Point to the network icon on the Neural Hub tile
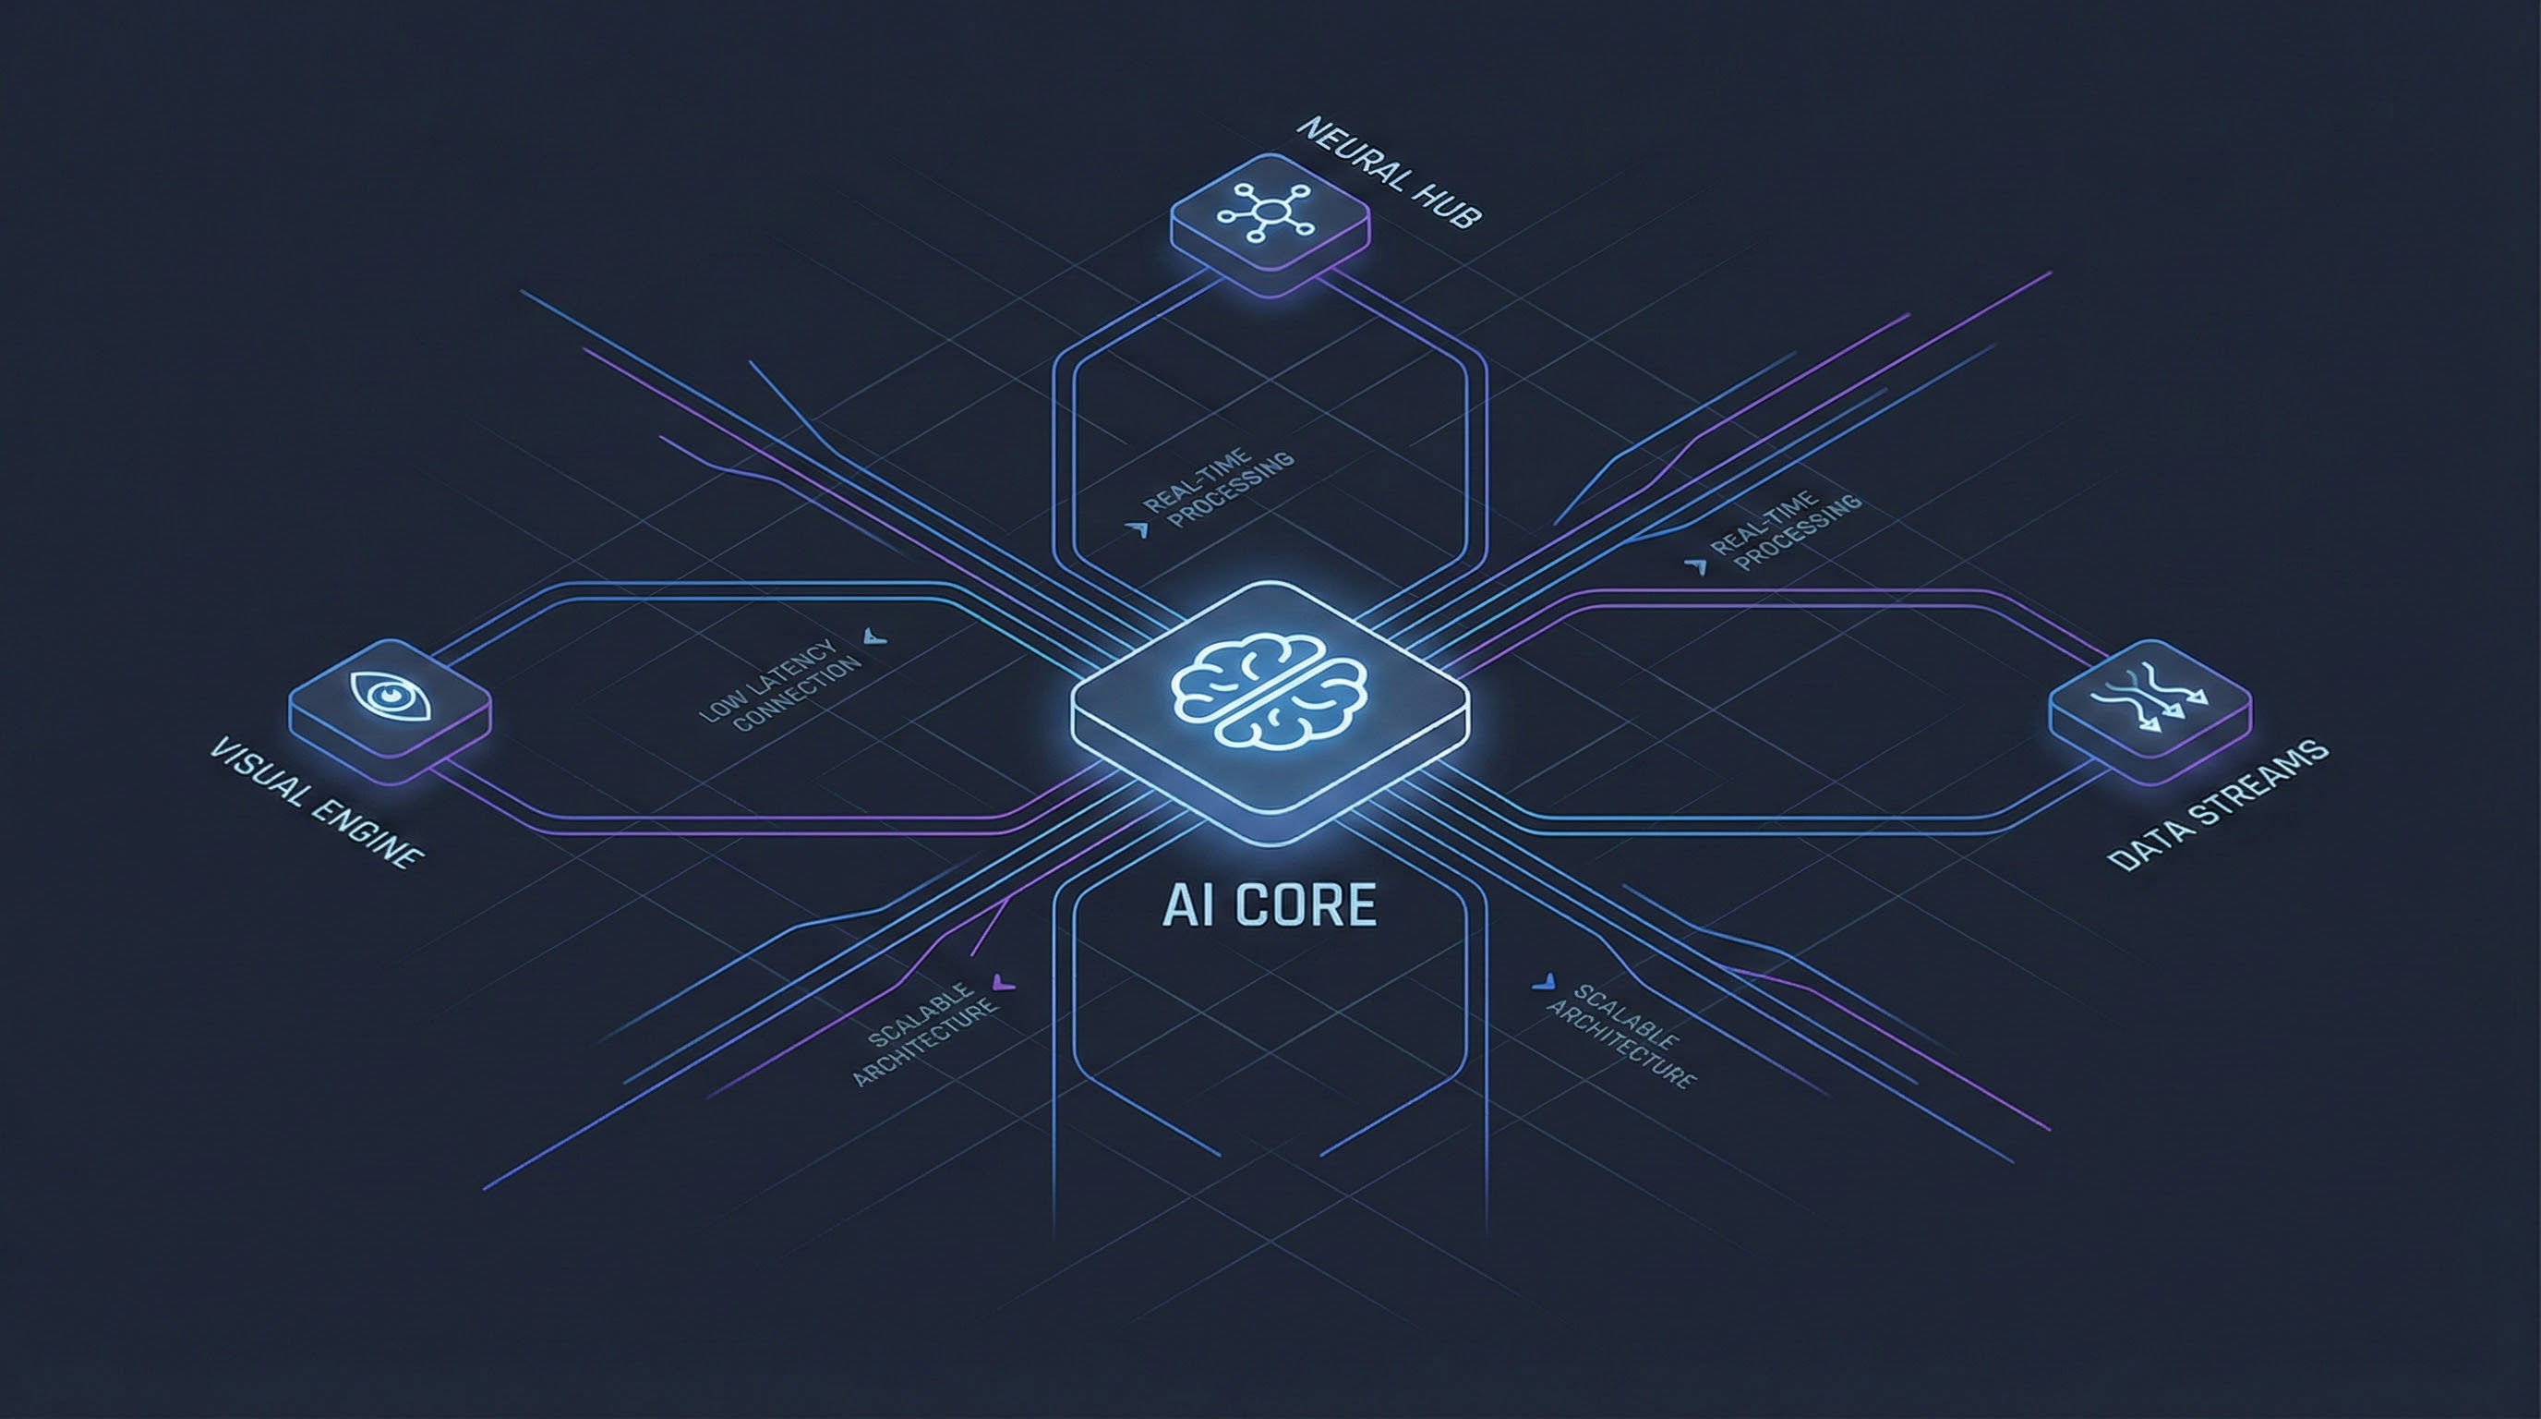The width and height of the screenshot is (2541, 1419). [x=1269, y=212]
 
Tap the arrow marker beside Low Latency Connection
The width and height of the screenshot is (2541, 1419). [x=874, y=636]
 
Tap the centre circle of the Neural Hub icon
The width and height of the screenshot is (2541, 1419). [x=1269, y=212]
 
